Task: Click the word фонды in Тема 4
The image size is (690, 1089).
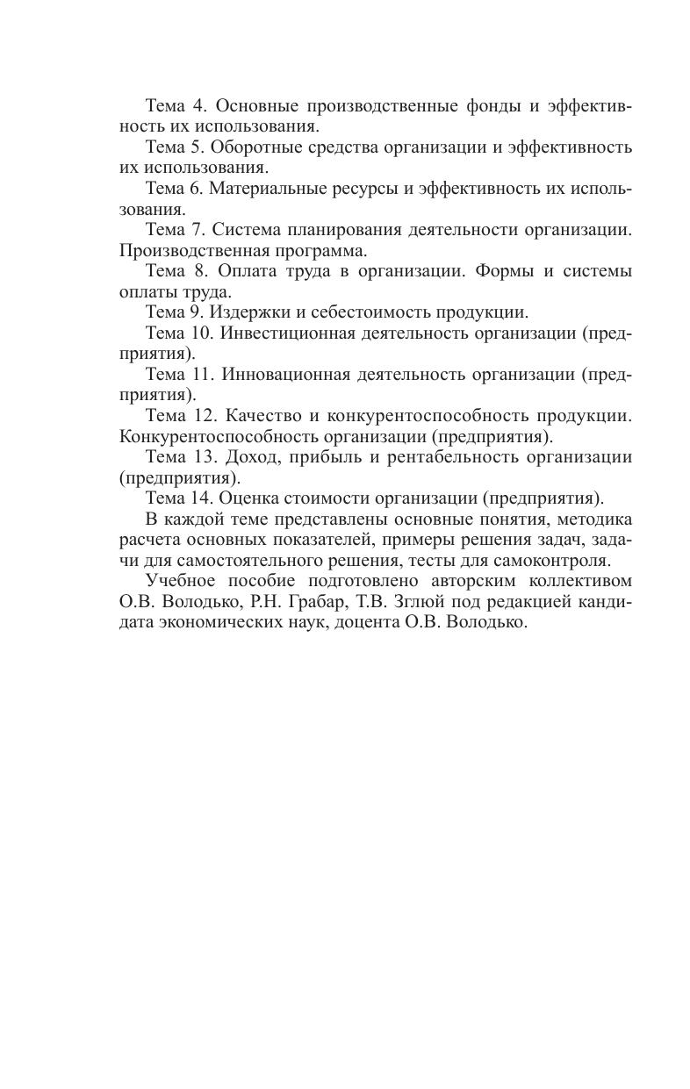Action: click(492, 105)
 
